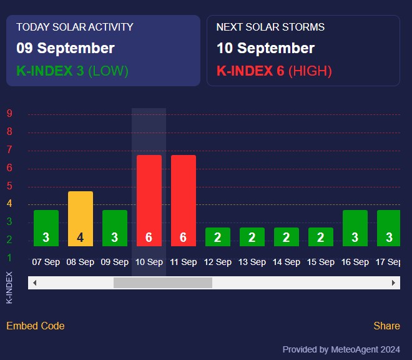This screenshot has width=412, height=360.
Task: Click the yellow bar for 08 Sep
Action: (x=81, y=219)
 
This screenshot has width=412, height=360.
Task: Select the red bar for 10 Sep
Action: (x=149, y=201)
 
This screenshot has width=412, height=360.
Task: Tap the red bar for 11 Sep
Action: (x=184, y=201)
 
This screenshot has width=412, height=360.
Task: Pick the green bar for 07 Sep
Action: (x=46, y=228)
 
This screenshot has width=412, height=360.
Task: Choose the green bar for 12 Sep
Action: (x=218, y=237)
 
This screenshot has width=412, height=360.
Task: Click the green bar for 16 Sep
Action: (x=355, y=228)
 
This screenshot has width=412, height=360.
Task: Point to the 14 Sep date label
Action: (x=287, y=262)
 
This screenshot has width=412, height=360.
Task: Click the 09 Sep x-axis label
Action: (x=115, y=262)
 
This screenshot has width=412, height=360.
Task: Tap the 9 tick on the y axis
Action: (x=9, y=114)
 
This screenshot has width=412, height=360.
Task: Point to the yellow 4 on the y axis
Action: (x=9, y=204)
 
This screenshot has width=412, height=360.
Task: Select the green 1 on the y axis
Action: (x=9, y=257)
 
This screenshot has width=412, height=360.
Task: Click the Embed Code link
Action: (x=36, y=326)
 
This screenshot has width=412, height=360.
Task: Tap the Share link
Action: (x=386, y=326)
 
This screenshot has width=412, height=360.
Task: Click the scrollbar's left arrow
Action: (x=34, y=283)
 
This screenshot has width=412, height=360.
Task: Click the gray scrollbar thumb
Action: (x=163, y=283)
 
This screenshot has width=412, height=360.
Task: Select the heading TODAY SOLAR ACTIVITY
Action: (x=75, y=27)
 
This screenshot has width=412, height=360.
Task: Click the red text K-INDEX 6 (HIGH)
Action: (x=274, y=71)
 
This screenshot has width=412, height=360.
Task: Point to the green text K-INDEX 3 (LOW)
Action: (x=72, y=71)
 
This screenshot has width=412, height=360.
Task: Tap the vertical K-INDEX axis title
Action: (x=9, y=287)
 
